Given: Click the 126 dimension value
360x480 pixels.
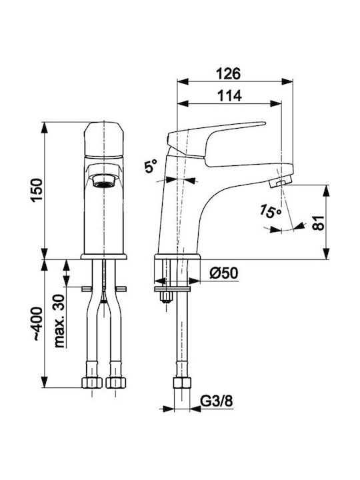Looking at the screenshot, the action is click(x=229, y=74).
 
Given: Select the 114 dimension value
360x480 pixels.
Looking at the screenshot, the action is click(x=229, y=96).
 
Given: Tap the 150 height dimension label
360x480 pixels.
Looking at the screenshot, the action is click(x=37, y=190).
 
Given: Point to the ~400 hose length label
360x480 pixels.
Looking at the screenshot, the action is click(x=38, y=324).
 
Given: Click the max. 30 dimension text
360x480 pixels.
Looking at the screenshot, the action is click(x=59, y=321).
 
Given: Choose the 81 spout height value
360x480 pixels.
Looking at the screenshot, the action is click(x=318, y=223).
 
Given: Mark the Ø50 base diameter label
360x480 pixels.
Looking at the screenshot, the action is click(x=224, y=273).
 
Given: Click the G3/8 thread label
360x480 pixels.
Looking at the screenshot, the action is click(x=217, y=401).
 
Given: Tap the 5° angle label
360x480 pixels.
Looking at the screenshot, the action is click(x=151, y=167).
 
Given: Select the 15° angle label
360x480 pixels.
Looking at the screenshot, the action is click(x=270, y=211).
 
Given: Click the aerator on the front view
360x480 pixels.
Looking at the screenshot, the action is click(x=104, y=180).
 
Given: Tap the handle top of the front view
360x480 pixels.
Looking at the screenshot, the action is click(x=104, y=139).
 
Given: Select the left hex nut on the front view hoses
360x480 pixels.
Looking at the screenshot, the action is click(x=92, y=383).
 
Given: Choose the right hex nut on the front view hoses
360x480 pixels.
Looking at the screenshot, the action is click(x=116, y=383).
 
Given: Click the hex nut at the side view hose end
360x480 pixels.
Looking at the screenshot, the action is click(x=182, y=383).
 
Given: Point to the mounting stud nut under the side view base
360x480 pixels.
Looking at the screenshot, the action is click(x=166, y=297).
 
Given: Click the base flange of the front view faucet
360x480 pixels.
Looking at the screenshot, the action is click(x=104, y=257).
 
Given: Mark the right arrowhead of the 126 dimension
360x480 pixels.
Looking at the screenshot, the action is click(x=287, y=81).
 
